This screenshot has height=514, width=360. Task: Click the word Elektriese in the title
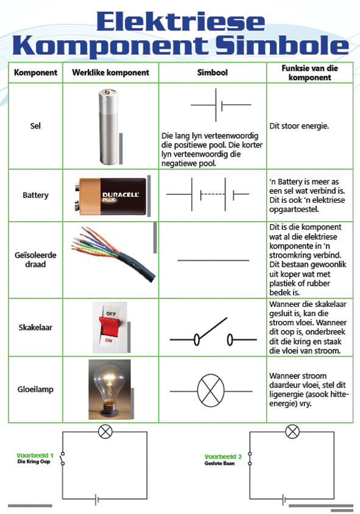[x=181, y=21]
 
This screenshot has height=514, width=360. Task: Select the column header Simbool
[x=213, y=72]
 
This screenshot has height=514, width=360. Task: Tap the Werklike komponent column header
[x=110, y=72]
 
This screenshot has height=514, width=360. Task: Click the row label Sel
[x=35, y=126]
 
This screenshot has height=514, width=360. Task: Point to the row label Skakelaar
[x=35, y=327]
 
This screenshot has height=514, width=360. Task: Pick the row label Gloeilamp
[x=35, y=389]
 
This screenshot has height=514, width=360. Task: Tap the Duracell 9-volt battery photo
[x=110, y=196]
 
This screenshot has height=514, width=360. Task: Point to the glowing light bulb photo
[x=110, y=389]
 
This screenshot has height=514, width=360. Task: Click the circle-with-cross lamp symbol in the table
[x=211, y=391]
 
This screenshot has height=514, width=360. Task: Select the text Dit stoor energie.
[x=299, y=126]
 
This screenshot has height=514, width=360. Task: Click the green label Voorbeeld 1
[x=35, y=456]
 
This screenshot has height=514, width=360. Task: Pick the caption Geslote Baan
[x=219, y=463]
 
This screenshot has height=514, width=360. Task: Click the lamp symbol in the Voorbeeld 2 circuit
[x=292, y=431]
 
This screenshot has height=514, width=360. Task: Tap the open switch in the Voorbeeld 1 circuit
[x=62, y=459]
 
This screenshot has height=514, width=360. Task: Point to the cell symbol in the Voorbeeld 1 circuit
[x=97, y=499]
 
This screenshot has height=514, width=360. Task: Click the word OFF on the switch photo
[x=111, y=314]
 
